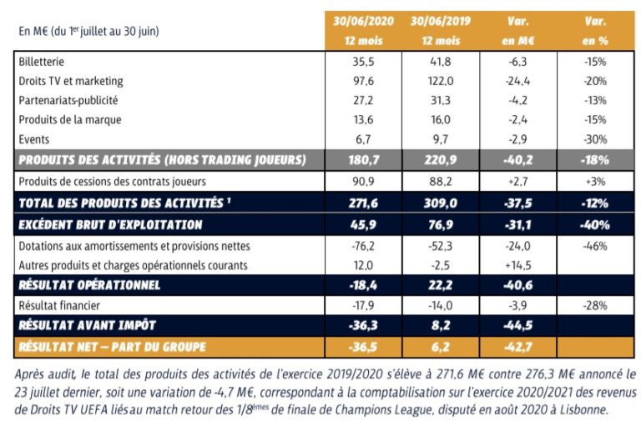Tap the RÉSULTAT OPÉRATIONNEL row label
91,286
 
